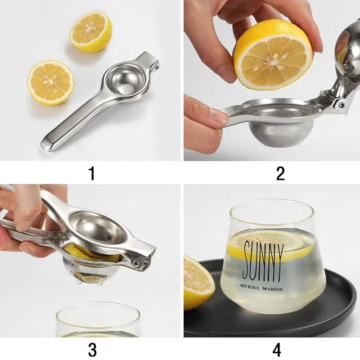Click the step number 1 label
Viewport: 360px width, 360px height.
pyautogui.click(x=92, y=173)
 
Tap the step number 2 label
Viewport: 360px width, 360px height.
pyautogui.click(x=280, y=173)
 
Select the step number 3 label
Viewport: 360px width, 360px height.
pyautogui.click(x=92, y=349)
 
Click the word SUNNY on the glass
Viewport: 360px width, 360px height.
pyautogui.click(x=263, y=261)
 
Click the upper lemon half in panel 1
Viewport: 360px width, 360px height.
pyautogui.click(x=90, y=31)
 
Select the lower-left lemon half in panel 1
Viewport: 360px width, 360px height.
pyautogui.click(x=51, y=82)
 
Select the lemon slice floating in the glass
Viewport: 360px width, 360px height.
pyautogui.click(x=270, y=245)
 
